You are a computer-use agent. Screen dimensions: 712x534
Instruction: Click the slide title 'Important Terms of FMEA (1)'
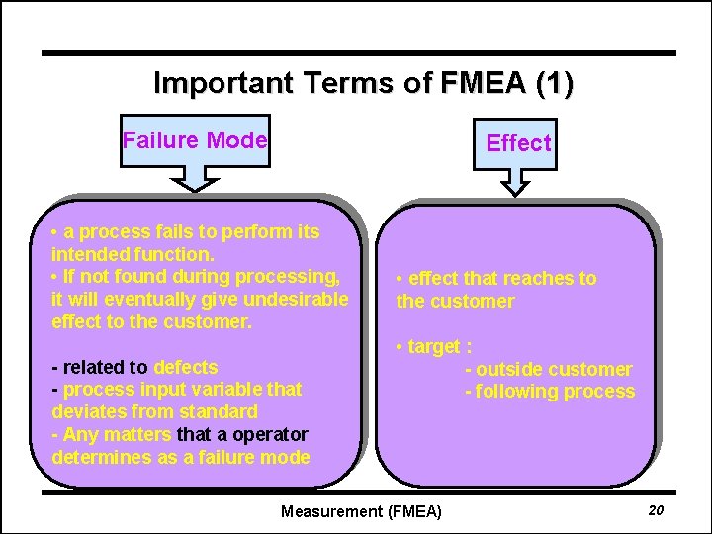[x=363, y=82]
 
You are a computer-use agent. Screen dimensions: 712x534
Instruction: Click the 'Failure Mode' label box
[x=195, y=140]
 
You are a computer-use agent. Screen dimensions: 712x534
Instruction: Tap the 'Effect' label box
[x=518, y=143]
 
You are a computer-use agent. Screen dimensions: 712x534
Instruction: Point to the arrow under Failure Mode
[x=198, y=175]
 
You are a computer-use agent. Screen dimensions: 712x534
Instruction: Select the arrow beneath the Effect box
[x=517, y=181]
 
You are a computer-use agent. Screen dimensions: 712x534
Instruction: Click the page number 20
[x=655, y=509]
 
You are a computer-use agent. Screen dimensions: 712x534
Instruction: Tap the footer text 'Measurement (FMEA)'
[x=361, y=511]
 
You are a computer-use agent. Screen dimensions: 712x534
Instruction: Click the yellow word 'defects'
[x=185, y=367]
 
